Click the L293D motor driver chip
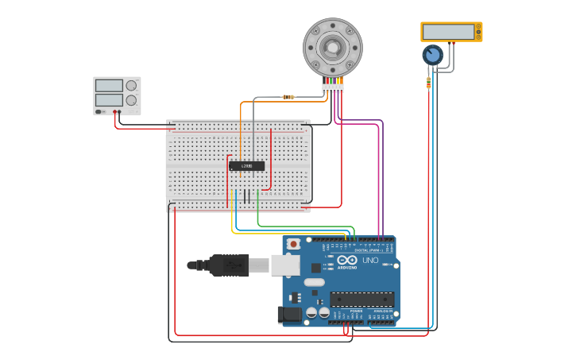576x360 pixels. point(246,166)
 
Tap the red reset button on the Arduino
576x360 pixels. point(294,244)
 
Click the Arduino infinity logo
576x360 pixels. point(347,260)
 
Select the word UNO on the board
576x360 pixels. point(370,260)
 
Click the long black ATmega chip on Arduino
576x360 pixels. point(361,300)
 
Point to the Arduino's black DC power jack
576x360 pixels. point(290,315)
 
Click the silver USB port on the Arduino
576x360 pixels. point(284,265)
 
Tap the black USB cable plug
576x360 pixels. point(230,265)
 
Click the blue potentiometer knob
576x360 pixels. point(432,55)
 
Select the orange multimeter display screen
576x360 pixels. point(449,32)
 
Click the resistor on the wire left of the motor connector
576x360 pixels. point(288,97)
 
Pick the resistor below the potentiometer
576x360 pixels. point(429,82)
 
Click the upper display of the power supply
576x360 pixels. point(109,86)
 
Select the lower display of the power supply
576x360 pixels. point(109,100)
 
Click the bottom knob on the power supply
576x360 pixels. point(131,100)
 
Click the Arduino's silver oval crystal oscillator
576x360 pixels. point(315,282)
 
